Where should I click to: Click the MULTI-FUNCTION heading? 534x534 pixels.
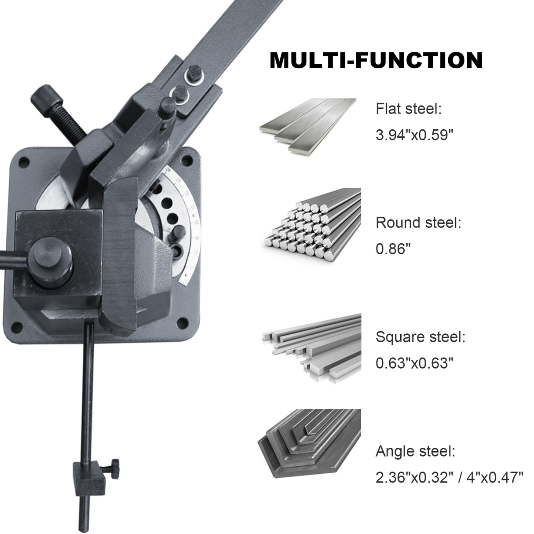click(x=376, y=60)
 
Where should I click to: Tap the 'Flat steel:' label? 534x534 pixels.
click(x=408, y=109)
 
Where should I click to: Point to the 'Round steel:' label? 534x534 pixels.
click(x=418, y=223)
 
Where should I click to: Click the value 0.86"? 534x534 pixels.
click(x=393, y=249)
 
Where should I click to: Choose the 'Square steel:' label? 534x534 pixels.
click(x=420, y=337)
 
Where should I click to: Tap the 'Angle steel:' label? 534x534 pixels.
click(x=415, y=451)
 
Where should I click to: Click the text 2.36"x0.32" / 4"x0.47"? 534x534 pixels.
click(x=449, y=477)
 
